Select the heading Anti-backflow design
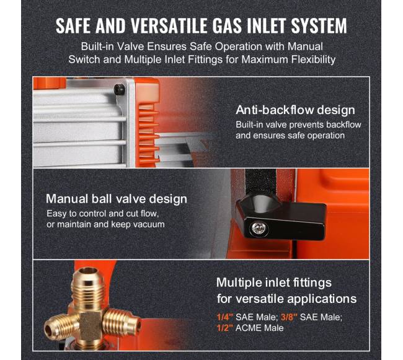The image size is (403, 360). [295, 110]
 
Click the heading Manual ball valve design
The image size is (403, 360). [117, 199]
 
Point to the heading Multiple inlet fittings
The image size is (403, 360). [274, 283]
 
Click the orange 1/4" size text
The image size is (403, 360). [224, 317]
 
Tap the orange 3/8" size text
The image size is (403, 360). [289, 317]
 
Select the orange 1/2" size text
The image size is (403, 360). [224, 328]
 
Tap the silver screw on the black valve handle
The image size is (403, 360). [257, 228]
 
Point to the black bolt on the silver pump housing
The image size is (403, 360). [120, 89]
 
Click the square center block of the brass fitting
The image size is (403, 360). [90, 323]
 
